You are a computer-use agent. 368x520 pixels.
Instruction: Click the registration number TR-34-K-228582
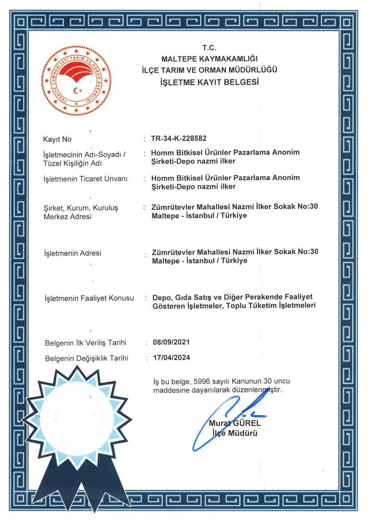[179, 138]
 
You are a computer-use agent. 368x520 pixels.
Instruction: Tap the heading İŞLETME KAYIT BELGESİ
[210, 82]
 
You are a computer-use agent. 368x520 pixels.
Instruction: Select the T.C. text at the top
[209, 48]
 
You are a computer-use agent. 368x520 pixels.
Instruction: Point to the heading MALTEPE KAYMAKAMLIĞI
[209, 59]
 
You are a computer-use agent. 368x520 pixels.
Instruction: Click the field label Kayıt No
[57, 139]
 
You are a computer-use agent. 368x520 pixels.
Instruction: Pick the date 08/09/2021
[171, 342]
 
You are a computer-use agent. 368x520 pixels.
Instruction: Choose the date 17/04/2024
[171, 358]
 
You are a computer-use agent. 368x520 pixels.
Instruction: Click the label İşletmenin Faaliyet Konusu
[89, 298]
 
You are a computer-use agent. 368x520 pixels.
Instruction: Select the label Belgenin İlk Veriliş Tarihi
[85, 343]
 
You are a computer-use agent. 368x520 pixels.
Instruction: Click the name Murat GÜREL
[235, 423]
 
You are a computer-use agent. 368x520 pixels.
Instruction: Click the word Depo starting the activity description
[161, 297]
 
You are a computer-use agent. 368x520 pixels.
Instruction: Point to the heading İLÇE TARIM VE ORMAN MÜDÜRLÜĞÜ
[209, 70]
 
